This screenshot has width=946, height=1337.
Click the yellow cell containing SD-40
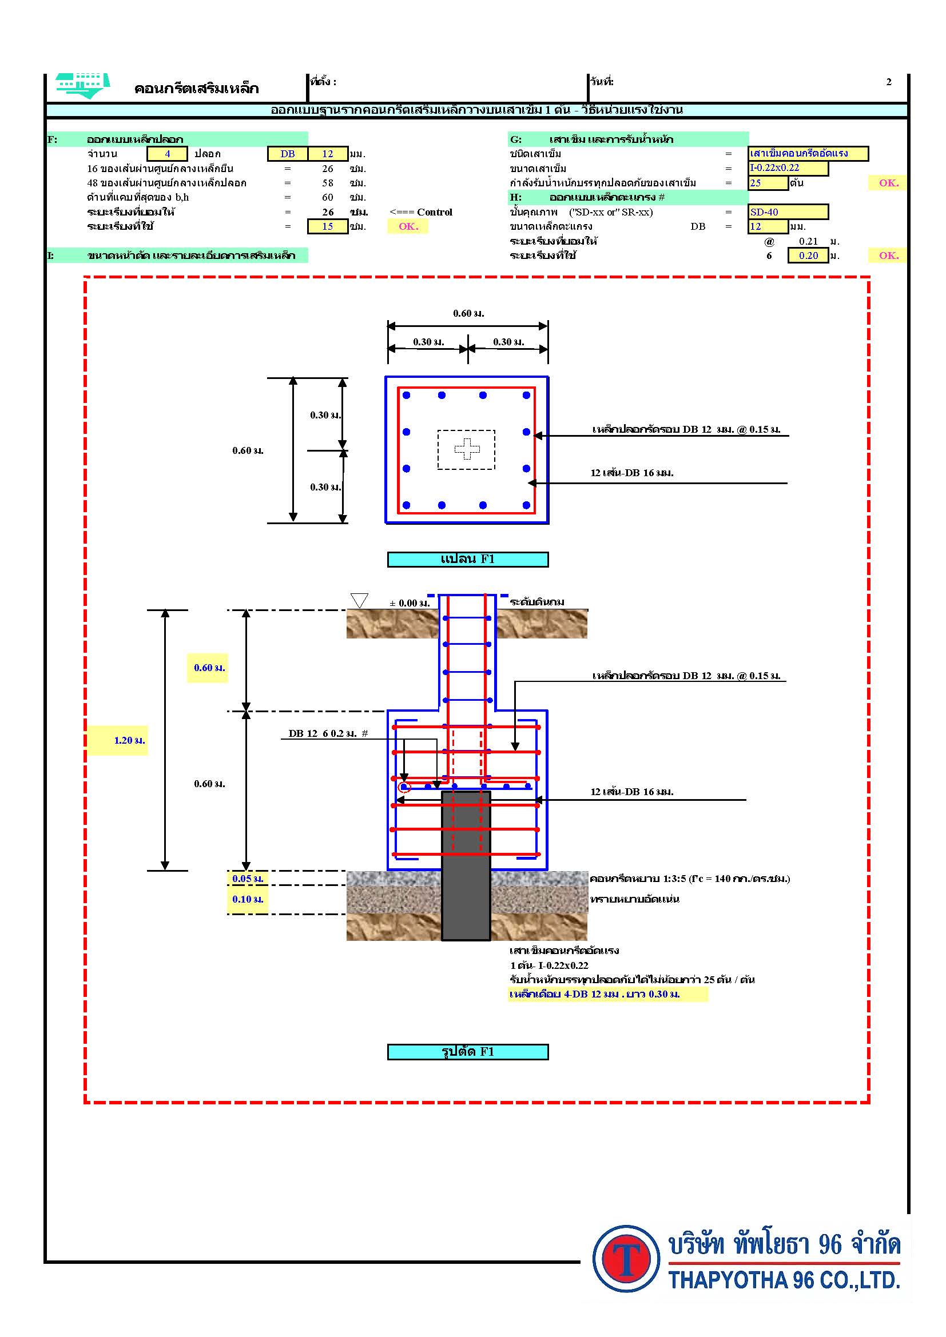coord(788,212)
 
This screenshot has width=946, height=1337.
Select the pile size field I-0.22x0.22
coord(788,168)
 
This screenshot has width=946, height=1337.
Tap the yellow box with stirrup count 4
coord(167,154)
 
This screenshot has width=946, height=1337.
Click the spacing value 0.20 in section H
coord(808,256)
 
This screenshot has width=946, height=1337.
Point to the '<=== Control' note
coord(420,212)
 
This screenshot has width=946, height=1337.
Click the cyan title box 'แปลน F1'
coord(468,559)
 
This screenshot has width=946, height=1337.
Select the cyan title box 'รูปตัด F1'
coord(468,1052)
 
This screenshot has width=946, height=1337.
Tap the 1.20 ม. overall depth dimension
coord(129,740)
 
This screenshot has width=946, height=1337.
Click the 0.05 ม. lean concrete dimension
coord(248,879)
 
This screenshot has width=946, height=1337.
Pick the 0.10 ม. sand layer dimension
coord(248,899)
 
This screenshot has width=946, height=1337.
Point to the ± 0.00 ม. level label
coord(410,603)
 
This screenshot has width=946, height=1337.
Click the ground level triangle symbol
coord(359,600)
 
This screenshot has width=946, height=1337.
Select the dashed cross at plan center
coord(467,448)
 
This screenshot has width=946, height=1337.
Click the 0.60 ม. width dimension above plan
coord(468,314)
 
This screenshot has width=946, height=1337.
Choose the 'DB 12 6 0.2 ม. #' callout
coord(328,734)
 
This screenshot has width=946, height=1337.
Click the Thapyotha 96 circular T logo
coord(627,1258)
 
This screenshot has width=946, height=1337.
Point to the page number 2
coord(888,82)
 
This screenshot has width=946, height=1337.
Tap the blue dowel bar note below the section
coord(594,994)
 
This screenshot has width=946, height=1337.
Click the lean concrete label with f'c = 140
coord(690,879)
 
